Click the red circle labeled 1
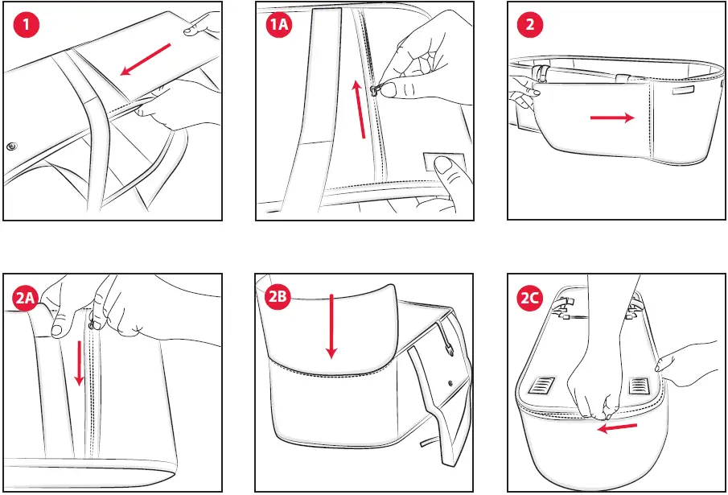[x=26, y=25]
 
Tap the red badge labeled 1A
[x=278, y=25]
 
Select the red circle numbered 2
[x=530, y=25]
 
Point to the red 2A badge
[x=26, y=298]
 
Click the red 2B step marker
[x=278, y=296]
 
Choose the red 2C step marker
[x=530, y=298]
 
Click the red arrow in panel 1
[x=146, y=60]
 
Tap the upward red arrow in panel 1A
[x=359, y=109]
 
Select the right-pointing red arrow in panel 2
[x=612, y=118]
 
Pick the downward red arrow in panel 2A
[x=80, y=363]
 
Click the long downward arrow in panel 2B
[x=331, y=326]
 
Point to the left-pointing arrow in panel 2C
[x=616, y=427]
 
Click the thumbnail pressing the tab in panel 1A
[x=443, y=164]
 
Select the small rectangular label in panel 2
[x=683, y=90]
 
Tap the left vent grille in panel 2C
[x=541, y=385]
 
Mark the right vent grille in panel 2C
[x=640, y=386]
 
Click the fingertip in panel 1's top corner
[x=191, y=31]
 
